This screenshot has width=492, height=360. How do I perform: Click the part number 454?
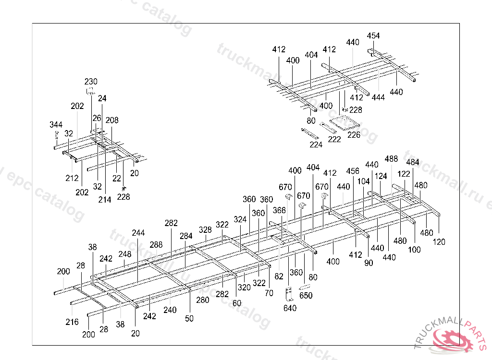(373, 36)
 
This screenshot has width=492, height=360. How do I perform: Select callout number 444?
(379, 97)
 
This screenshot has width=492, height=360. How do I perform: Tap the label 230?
(91, 81)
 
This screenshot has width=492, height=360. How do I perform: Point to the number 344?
(56, 125)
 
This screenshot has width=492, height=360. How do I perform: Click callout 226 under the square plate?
(354, 135)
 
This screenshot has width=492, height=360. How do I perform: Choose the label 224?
(316, 144)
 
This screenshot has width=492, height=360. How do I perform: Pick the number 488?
(391, 159)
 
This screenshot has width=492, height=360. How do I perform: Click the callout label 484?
(412, 162)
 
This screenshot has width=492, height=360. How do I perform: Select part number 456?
(353, 171)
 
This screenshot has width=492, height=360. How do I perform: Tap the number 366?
(279, 210)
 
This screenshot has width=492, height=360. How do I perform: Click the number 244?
(138, 233)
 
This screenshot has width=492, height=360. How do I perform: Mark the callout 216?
(72, 322)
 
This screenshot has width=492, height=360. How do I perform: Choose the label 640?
(290, 308)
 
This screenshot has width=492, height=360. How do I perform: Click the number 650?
(306, 296)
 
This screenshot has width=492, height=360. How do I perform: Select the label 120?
(439, 242)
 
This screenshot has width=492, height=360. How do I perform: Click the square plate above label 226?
(342, 122)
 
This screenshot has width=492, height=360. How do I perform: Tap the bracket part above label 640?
(289, 294)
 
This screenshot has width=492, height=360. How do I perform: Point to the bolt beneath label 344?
(56, 135)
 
